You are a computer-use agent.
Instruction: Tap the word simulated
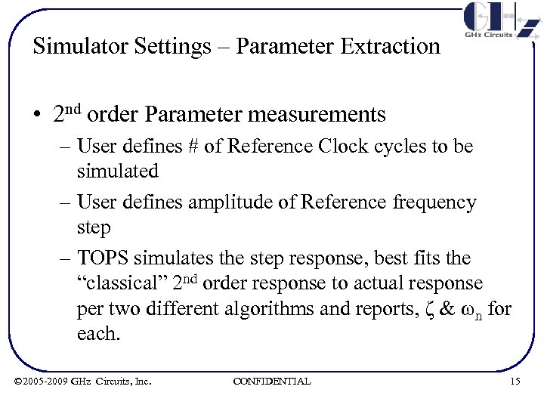(118, 172)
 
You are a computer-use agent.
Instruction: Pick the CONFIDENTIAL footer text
(272, 382)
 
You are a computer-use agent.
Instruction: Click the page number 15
(515, 382)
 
